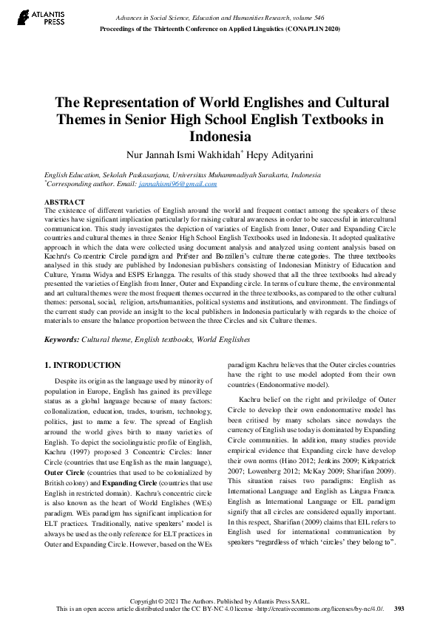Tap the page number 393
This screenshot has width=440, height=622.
pos(399,609)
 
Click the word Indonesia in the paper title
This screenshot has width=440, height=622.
pos(220,137)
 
